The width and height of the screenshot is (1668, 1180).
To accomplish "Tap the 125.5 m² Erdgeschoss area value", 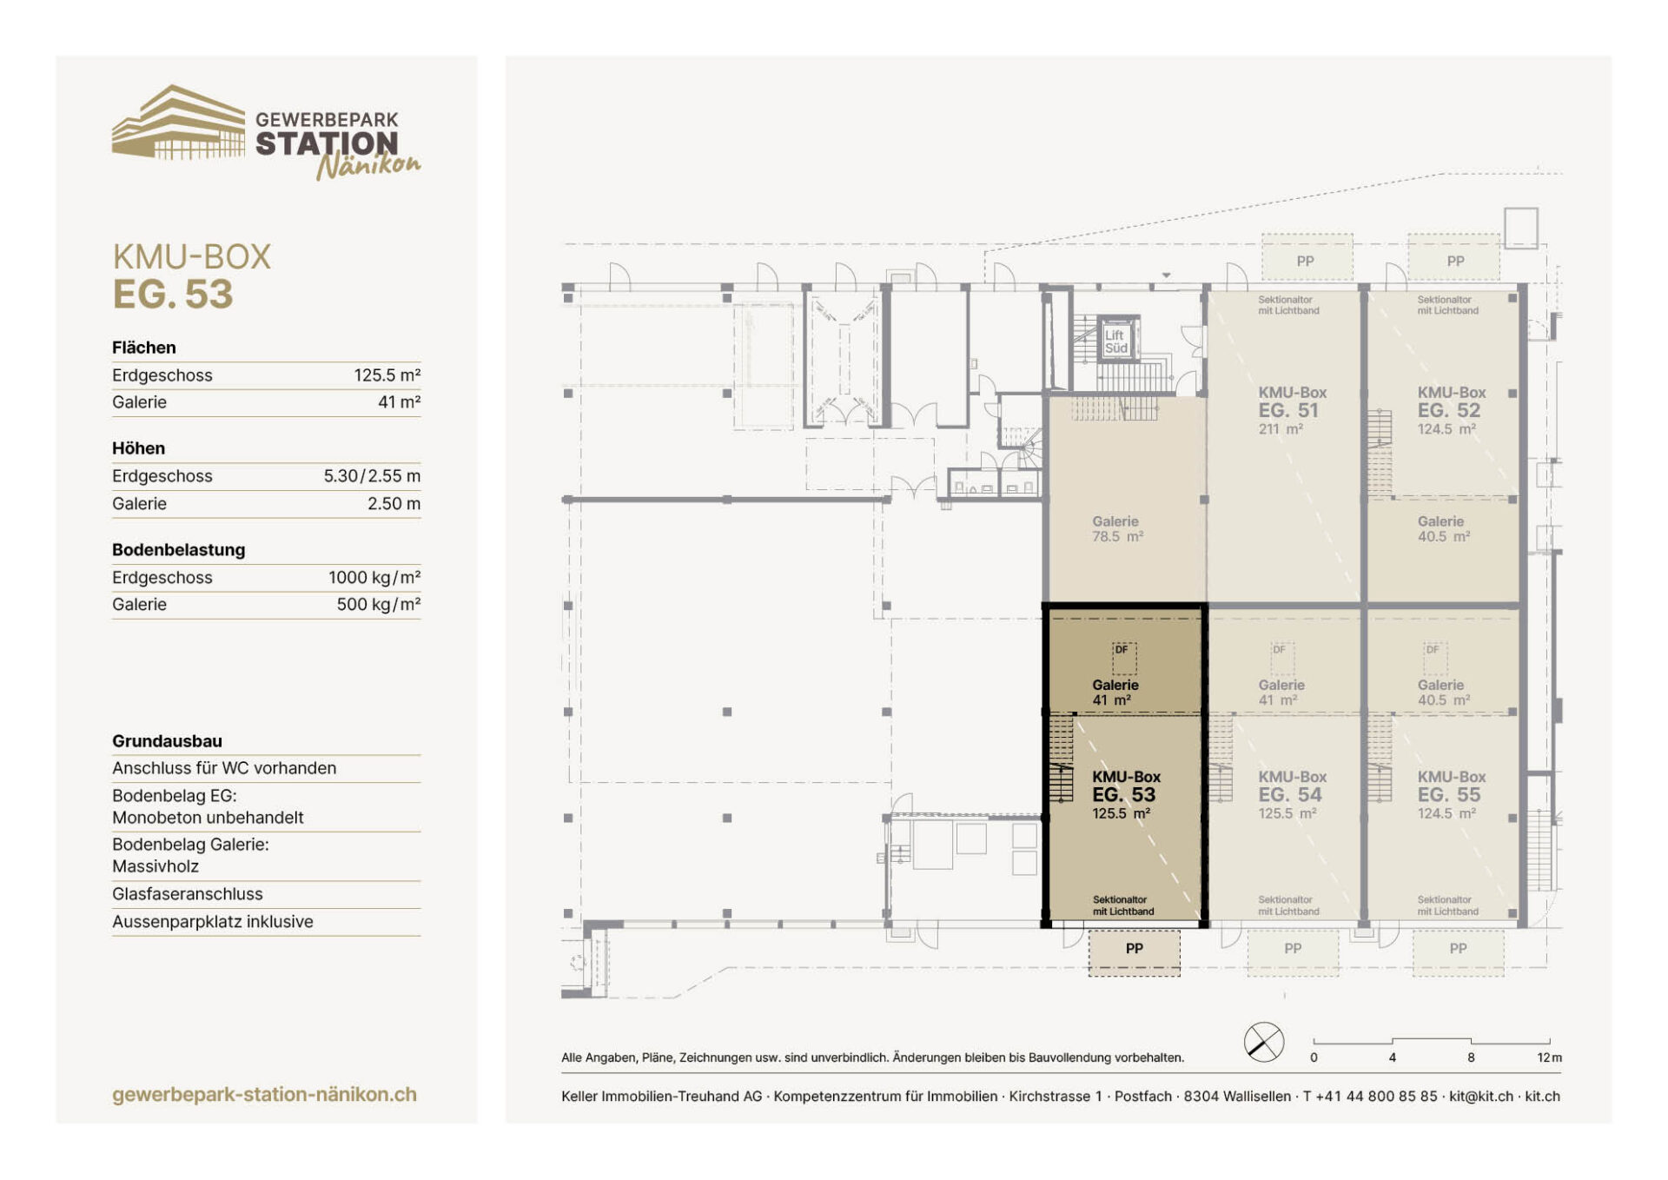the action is (387, 375).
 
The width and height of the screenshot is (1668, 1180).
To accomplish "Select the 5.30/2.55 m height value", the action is (372, 476).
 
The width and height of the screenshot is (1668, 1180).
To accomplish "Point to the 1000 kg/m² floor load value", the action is (374, 578).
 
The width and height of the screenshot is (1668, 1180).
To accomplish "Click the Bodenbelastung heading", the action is (178, 550).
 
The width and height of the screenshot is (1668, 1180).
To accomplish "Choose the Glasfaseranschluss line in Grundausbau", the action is (187, 894).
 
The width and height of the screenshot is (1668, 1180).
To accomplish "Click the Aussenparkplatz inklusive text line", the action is (213, 922).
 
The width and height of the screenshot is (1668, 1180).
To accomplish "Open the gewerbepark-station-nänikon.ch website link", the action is (264, 1095).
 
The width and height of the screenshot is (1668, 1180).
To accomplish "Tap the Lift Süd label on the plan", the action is (1115, 341).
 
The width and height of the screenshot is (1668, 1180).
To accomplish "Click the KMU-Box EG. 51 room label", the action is (1292, 410).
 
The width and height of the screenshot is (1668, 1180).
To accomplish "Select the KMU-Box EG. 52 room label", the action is (1451, 410).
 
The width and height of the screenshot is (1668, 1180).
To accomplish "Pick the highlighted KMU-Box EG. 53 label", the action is (1126, 795).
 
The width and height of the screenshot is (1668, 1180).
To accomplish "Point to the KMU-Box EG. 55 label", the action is (1451, 795).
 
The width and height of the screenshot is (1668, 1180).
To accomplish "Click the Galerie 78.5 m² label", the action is (1117, 529).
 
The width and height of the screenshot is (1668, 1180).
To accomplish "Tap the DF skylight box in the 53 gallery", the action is (1123, 658).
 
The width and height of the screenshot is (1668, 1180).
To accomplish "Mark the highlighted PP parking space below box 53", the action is (1134, 952).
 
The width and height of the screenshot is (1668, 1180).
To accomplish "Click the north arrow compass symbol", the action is (1264, 1042).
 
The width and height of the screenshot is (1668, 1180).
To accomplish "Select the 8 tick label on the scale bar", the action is (1471, 1057).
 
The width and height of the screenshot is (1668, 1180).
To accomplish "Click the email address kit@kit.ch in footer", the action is (1481, 1097).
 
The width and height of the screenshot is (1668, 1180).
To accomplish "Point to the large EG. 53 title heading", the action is (173, 294).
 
